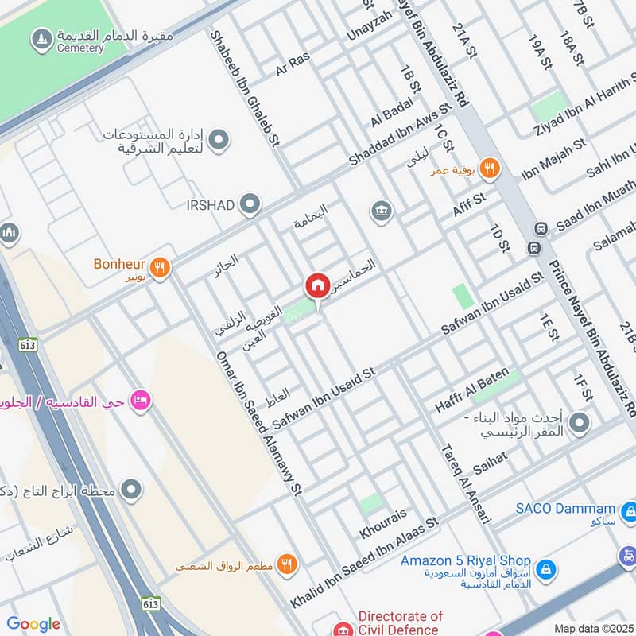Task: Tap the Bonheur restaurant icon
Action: pos(160,269)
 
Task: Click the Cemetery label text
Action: pos(79,48)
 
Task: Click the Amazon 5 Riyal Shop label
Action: pos(465,560)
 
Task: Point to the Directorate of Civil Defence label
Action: pos(400,622)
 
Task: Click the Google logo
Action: pos(33,624)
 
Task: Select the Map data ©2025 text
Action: pos(592,629)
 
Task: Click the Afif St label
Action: pos(468,207)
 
